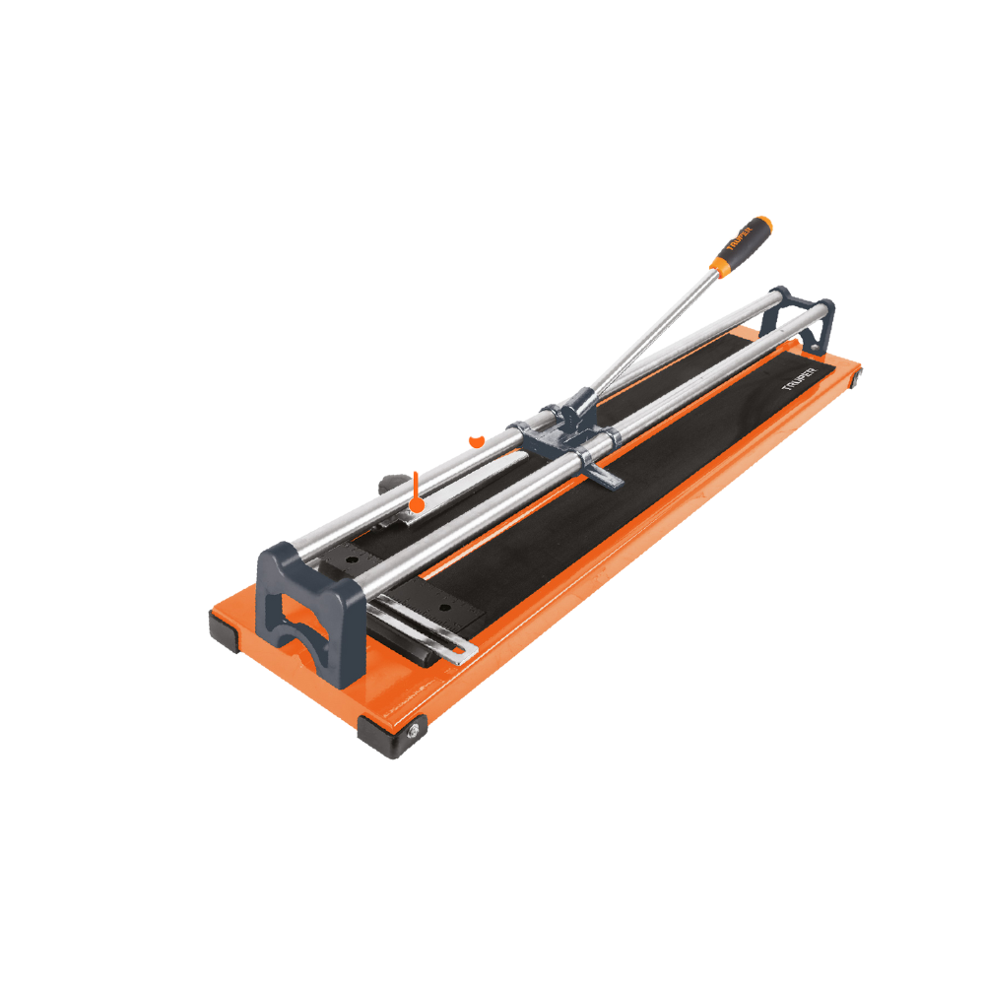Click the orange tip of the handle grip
[x=764, y=223]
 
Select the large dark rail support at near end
[x=311, y=613]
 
